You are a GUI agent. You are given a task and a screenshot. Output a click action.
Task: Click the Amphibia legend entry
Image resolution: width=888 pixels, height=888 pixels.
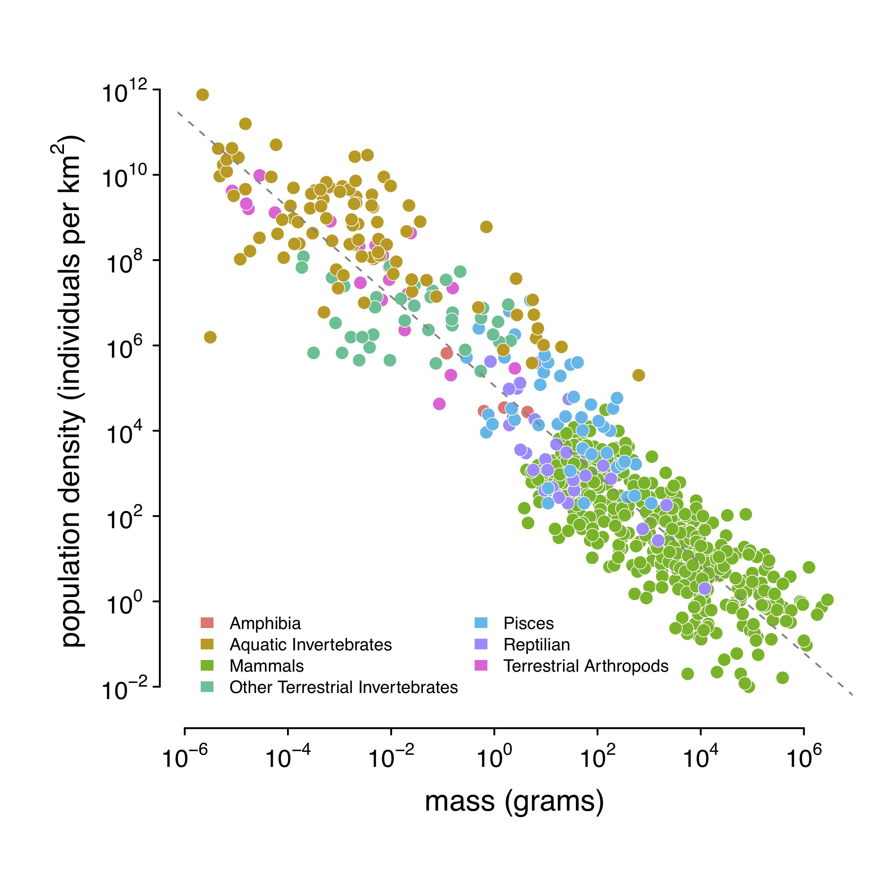coord(265,623)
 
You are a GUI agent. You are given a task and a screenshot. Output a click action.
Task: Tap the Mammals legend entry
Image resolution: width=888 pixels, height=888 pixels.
coord(267,666)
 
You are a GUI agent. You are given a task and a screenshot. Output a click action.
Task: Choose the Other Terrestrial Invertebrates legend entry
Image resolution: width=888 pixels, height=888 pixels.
coord(343,687)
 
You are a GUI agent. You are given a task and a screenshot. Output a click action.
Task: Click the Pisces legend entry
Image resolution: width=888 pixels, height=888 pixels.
coord(528,623)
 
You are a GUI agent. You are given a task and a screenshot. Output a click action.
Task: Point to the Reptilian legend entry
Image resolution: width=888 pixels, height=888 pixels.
coord(536,644)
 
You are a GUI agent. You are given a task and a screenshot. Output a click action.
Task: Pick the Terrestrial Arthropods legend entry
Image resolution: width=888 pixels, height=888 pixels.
coord(586,666)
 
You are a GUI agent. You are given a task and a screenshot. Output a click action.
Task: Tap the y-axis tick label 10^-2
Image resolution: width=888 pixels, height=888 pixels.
coord(124,690)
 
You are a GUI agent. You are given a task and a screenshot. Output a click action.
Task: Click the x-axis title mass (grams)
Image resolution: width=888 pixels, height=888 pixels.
coord(514,802)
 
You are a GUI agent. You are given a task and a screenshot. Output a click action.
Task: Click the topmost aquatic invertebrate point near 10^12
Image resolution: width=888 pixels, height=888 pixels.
coord(202,95)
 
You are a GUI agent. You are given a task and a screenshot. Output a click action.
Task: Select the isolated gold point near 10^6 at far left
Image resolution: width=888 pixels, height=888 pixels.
coord(210,337)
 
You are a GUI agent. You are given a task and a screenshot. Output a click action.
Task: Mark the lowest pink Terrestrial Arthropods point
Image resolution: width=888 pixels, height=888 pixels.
coord(439,404)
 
